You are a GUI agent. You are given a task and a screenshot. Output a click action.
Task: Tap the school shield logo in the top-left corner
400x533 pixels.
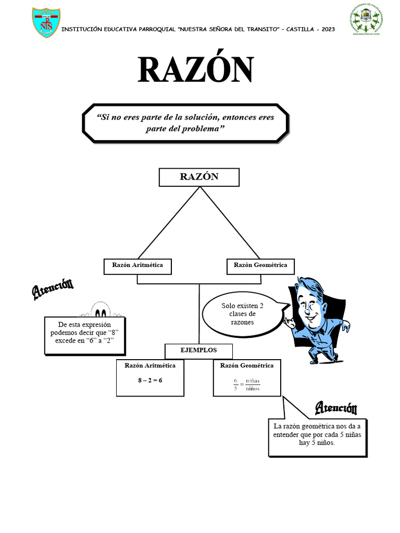[46, 22]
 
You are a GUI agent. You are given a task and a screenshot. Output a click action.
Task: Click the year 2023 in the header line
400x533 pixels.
[326, 29]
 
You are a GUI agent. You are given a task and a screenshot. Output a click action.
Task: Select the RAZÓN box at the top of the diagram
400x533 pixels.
[199, 177]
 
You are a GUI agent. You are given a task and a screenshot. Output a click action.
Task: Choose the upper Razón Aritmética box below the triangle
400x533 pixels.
[137, 266]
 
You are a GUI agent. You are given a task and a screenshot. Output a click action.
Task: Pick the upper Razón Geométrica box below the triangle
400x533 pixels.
[260, 266]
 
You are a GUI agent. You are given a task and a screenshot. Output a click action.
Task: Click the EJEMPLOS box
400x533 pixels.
[199, 351]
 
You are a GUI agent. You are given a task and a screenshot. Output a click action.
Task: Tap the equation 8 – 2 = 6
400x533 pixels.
[150, 380]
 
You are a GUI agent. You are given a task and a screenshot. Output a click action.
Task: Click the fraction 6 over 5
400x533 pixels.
[235, 385]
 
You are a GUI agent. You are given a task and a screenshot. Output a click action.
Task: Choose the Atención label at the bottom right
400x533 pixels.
[336, 408]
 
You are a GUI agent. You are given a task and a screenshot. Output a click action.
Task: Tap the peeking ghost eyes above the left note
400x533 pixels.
[101, 313]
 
